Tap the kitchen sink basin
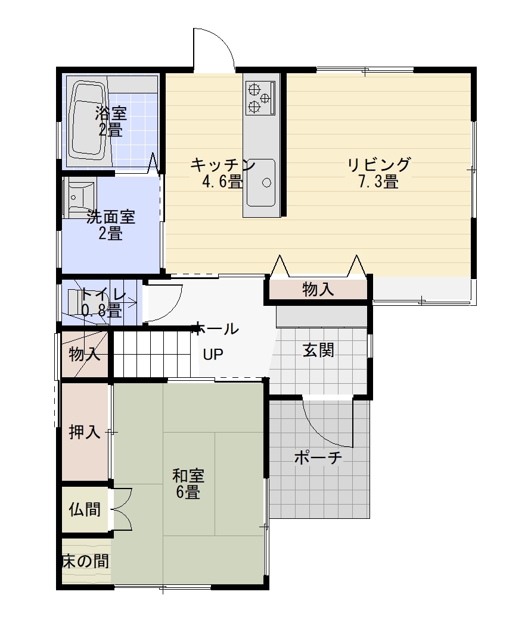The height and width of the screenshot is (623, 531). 260,182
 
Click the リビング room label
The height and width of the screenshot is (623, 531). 378,164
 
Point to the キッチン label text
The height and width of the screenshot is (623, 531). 223,164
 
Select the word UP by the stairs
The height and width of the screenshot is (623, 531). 213,354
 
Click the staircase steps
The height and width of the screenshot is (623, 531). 151,353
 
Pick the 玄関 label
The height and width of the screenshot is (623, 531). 318,350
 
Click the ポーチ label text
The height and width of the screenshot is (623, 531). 318,458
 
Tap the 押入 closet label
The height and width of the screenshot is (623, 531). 85,432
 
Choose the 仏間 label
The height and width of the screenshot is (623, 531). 85,509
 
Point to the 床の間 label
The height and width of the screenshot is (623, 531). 86,561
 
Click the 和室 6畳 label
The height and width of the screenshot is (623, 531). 188,484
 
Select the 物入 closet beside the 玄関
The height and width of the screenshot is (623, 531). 318,289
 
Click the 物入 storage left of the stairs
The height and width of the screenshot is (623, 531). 85,353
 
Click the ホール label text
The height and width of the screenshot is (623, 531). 215,329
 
